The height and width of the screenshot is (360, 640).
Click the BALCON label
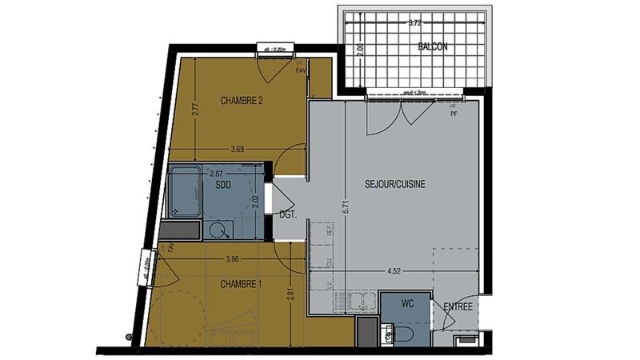point(432,47)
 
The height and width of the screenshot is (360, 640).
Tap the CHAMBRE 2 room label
point(242,101)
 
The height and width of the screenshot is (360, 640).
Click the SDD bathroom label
point(224,185)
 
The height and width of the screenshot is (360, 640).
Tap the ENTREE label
point(458,306)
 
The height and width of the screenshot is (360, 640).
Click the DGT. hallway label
point(288,214)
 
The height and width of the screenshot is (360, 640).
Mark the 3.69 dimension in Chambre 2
point(237,149)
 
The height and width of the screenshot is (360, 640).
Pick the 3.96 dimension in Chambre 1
point(233,258)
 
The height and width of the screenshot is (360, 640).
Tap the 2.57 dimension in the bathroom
point(216,172)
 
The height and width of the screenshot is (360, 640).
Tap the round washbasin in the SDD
point(218,230)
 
